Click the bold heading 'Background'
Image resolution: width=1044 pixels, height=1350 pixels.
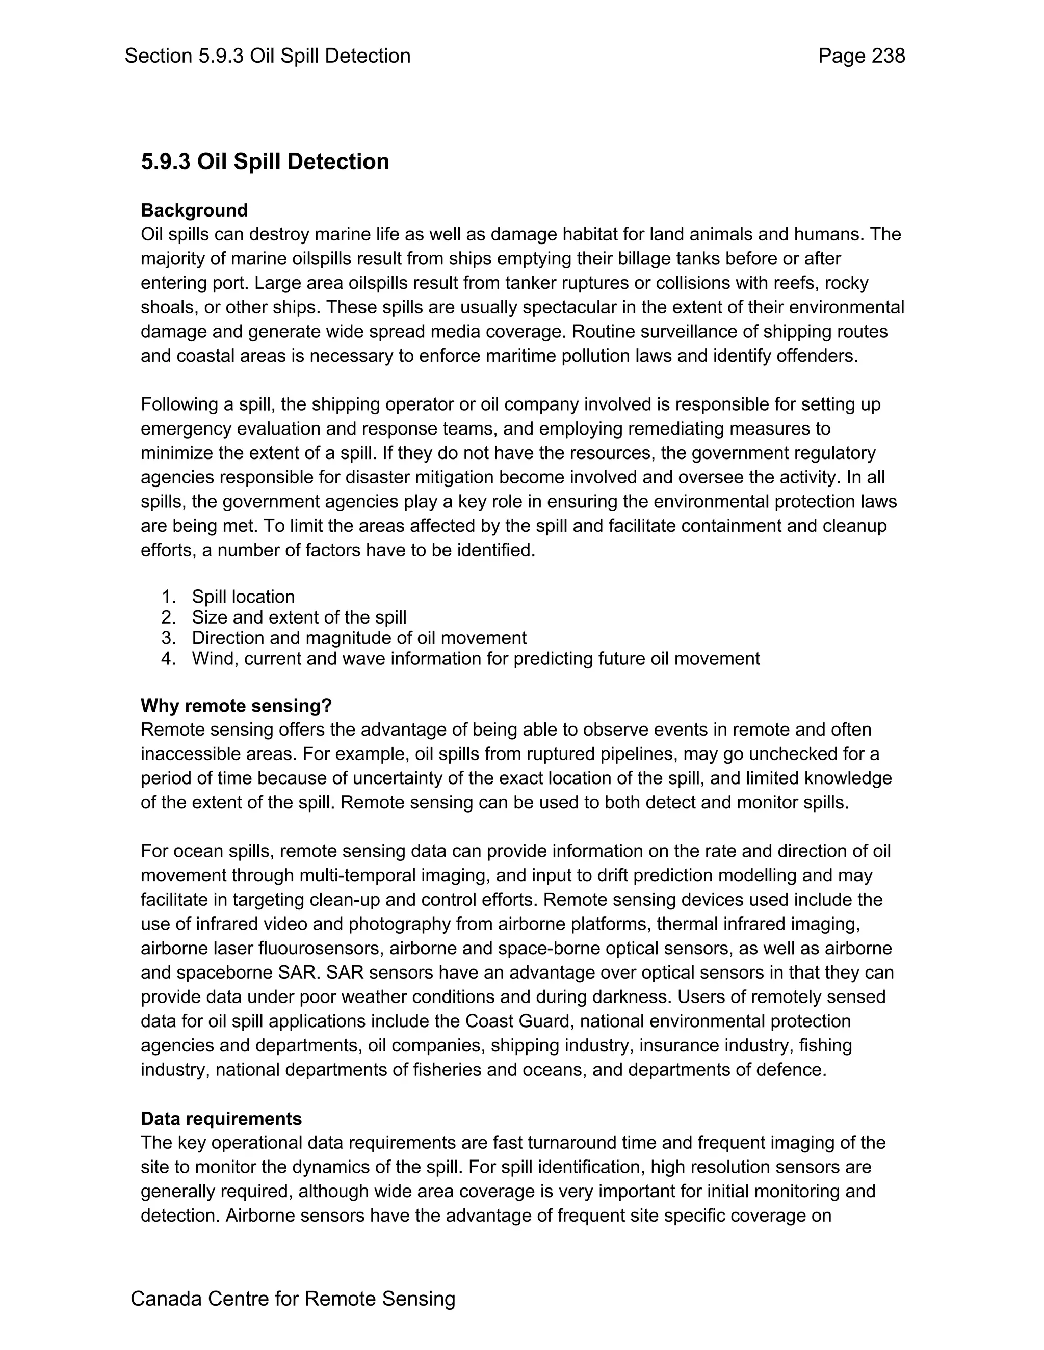pyautogui.click(x=194, y=210)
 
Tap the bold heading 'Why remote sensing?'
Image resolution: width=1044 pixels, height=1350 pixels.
pyautogui.click(x=236, y=705)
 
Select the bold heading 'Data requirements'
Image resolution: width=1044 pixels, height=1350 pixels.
pyautogui.click(x=221, y=1119)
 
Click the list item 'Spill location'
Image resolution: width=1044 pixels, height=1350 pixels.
pyautogui.click(x=243, y=597)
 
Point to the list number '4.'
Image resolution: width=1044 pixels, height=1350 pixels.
pyautogui.click(x=169, y=658)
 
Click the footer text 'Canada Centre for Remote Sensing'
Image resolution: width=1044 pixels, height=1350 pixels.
pyautogui.click(x=293, y=1299)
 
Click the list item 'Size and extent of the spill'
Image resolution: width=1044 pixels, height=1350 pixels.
pyautogui.click(x=299, y=617)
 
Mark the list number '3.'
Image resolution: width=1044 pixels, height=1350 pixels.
pyautogui.click(x=169, y=638)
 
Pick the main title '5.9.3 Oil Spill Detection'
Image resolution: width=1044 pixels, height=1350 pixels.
pyautogui.click(x=265, y=162)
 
